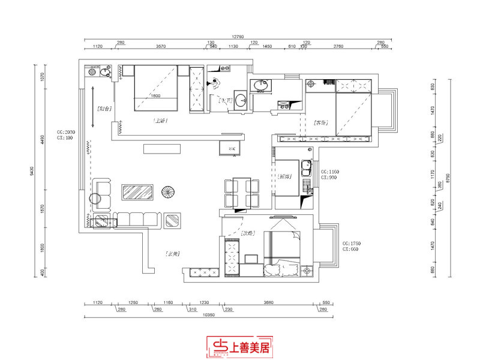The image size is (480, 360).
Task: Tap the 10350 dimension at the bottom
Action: click(x=208, y=314)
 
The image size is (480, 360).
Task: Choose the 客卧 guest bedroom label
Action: click(x=320, y=123)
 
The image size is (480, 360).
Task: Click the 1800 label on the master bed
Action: click(x=155, y=96)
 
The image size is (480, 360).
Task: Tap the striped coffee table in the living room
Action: click(x=139, y=192)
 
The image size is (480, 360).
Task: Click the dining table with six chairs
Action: click(x=241, y=193)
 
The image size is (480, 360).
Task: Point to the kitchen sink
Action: click(x=307, y=172)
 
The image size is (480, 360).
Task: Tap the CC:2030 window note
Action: click(x=65, y=134)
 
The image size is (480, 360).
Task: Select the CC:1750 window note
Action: click(x=350, y=247)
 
